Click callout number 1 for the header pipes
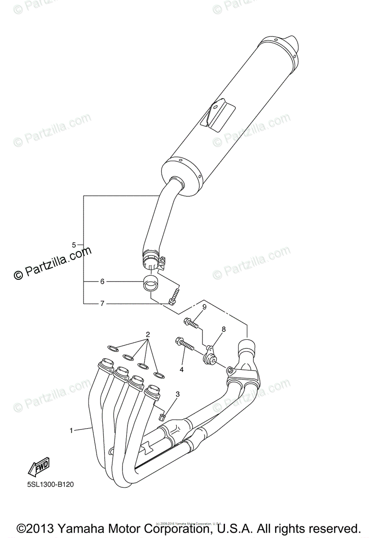coord(71,430)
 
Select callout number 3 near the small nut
coord(178,394)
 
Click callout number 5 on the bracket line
coord(74,244)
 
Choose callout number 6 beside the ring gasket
coord(102,282)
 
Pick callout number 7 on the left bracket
coord(102,304)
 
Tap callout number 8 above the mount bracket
coord(223,330)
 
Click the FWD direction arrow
coord(38,467)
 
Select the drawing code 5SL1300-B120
coord(47,484)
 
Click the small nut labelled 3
coord(163,416)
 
